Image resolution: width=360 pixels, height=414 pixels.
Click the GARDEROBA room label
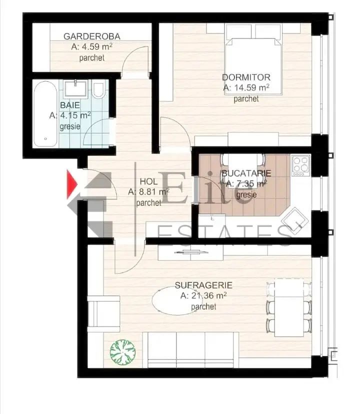pyautogui.click(x=92, y=36)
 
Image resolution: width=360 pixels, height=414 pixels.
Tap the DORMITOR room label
pyautogui.click(x=246, y=77)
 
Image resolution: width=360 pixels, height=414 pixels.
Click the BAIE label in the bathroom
pyautogui.click(x=70, y=105)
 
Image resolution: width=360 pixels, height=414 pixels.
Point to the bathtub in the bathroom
pyautogui.click(x=45, y=114)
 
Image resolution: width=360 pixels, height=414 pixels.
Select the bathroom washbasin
pyautogui.click(x=75, y=88)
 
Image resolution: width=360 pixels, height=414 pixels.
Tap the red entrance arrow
pyautogui.click(x=72, y=184)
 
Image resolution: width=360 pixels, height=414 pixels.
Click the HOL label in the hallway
pyautogui.click(x=148, y=181)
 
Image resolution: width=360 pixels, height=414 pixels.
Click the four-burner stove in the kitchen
pyautogui.click(x=301, y=165)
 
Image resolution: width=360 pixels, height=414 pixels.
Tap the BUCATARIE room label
pyautogui.click(x=246, y=173)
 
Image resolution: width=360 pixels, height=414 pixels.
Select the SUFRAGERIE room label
pyautogui.click(x=203, y=285)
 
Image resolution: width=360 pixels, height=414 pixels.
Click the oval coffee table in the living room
pyautogui.click(x=177, y=300)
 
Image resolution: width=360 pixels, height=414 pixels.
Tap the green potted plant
pyautogui.click(x=123, y=352)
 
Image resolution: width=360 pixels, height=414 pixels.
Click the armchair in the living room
pyautogui.click(x=104, y=314)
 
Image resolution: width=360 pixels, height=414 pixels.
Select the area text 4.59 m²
pyautogui.click(x=92, y=46)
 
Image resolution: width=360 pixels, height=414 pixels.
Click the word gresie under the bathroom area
pyautogui.click(x=70, y=126)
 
